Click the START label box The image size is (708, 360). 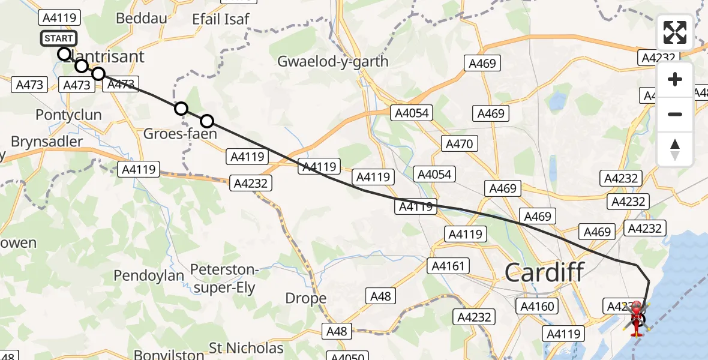click(59, 38)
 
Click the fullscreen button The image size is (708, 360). click(675, 32)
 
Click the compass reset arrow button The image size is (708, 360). click(675, 149)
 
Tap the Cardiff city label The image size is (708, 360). click(544, 273)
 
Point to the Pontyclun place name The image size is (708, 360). click(68, 115)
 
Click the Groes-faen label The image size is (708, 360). click(180, 134)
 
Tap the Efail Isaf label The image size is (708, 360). click(220, 19)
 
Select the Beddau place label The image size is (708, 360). click(142, 19)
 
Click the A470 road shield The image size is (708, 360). click(460, 143)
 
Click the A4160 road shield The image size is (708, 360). click(538, 307)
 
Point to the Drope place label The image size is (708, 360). click(306, 298)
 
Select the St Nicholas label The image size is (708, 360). click(246, 348)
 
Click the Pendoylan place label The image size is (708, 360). click(149, 275)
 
